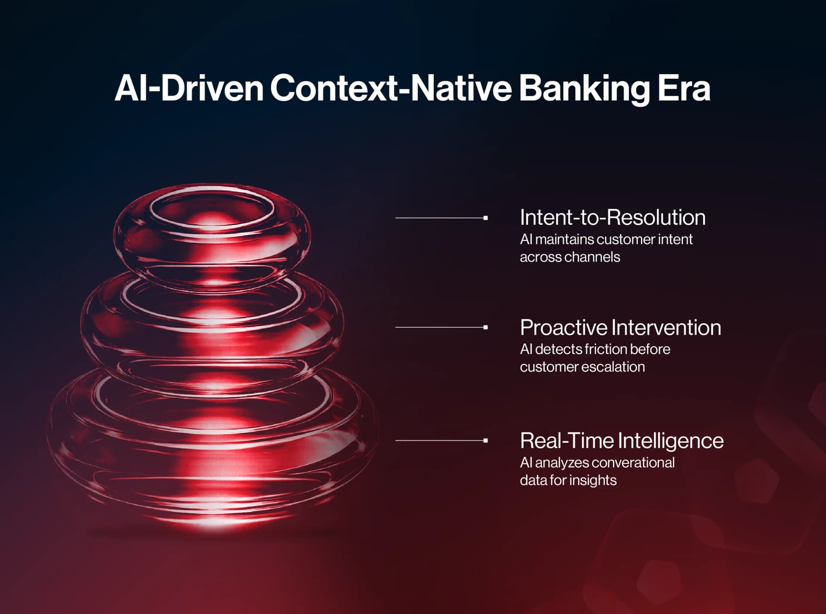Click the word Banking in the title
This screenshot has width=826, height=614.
pos(584,89)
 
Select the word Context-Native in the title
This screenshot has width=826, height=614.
pos(391,89)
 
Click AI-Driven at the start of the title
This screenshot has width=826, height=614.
pos(189,89)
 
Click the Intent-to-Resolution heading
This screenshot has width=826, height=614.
pos(612,217)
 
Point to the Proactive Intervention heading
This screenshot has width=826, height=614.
pos(620,327)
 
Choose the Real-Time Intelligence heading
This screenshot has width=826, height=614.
pos(621,441)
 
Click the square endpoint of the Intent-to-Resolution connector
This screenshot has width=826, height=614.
pos(485,218)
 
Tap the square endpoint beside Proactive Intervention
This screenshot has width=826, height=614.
pos(485,327)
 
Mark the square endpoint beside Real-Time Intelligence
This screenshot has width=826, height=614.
pos(485,441)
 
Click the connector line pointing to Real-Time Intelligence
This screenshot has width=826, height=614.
pos(439,441)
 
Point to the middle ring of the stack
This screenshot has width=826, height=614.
pos(212,327)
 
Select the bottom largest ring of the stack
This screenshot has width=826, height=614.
pos(212,443)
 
